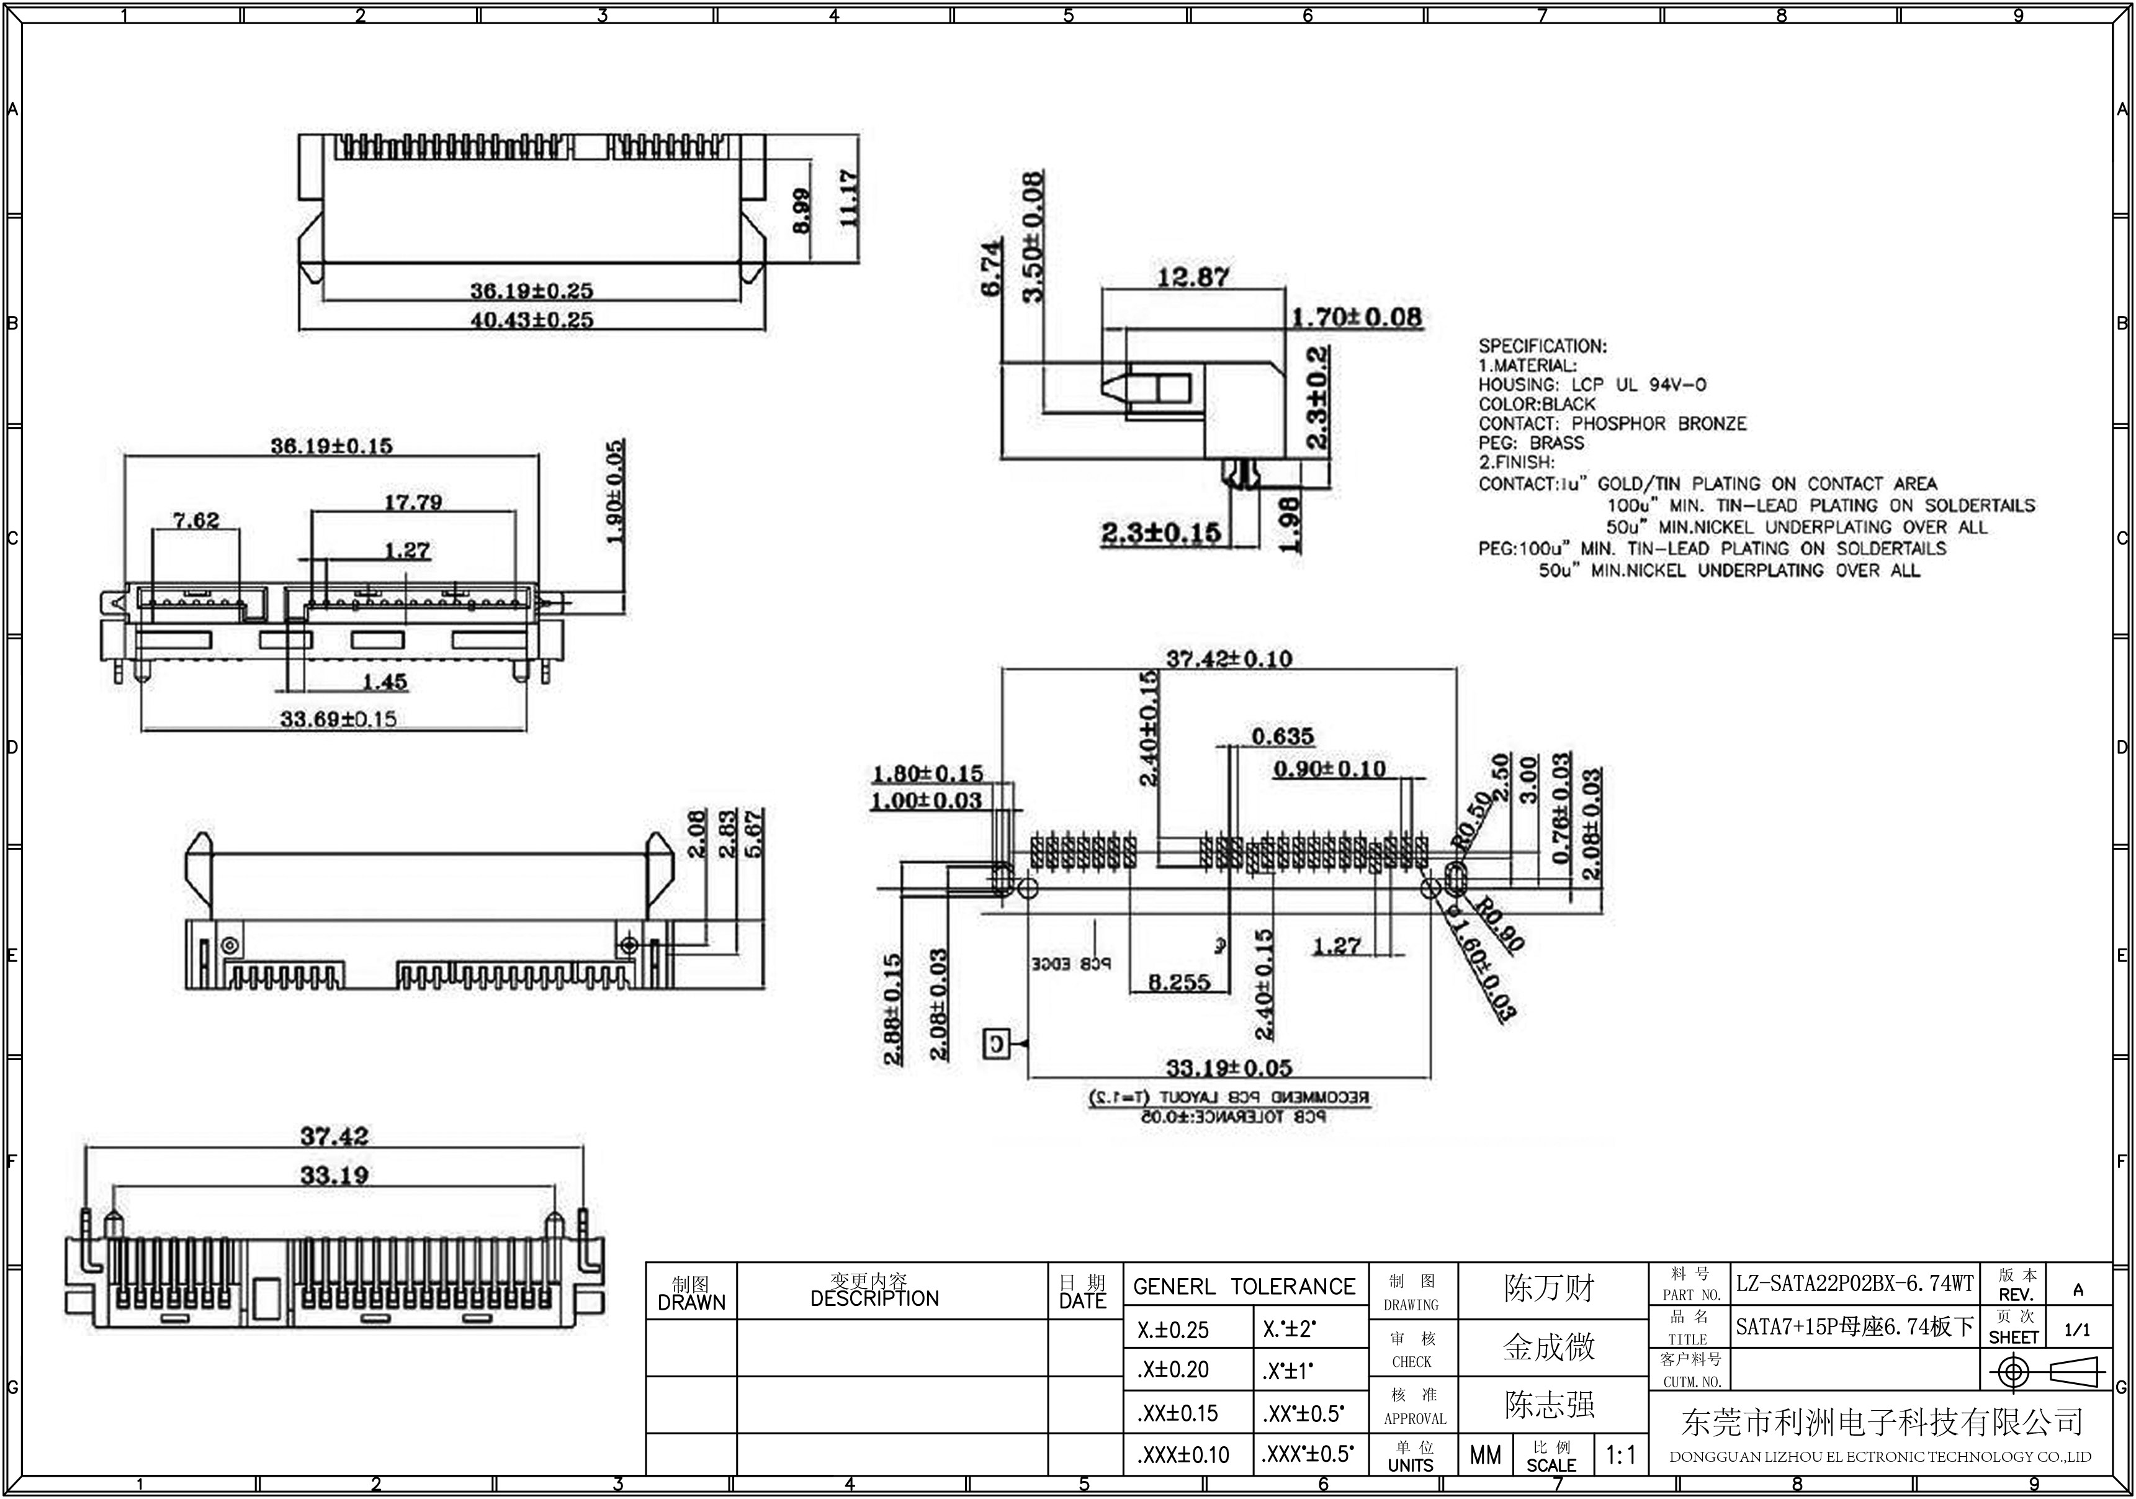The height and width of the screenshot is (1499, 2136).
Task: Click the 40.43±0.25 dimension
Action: (531, 319)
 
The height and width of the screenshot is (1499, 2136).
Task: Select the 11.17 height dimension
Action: (848, 197)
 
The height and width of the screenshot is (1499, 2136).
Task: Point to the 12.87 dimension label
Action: (1193, 276)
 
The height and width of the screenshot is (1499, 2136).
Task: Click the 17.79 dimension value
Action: (413, 502)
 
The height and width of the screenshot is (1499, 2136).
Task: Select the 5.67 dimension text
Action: (753, 833)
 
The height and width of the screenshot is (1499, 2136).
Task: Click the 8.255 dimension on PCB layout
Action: (1178, 983)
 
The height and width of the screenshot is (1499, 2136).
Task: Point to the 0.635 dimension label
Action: (1282, 737)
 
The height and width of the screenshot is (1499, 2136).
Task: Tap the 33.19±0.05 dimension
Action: (1229, 1067)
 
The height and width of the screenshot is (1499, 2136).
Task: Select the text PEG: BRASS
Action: (1530, 443)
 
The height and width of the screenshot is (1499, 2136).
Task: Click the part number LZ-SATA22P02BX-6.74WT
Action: (1854, 1284)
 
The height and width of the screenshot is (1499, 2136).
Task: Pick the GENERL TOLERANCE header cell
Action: (1244, 1287)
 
